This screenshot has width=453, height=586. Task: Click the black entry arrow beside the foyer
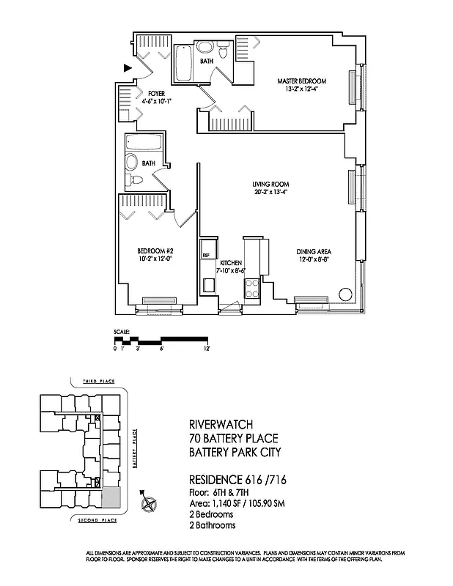[x=128, y=68]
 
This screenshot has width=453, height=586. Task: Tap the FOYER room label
[x=156, y=94]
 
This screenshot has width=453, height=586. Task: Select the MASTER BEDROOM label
[x=301, y=81]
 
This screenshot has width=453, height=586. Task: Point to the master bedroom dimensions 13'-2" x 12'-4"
[x=301, y=89]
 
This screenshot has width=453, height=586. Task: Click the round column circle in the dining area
[x=344, y=294]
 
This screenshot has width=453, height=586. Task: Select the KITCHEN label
[x=230, y=263]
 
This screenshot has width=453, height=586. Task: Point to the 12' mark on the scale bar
[x=208, y=349]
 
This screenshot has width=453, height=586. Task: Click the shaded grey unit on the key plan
[x=109, y=497]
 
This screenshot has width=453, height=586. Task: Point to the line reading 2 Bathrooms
[x=213, y=526]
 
